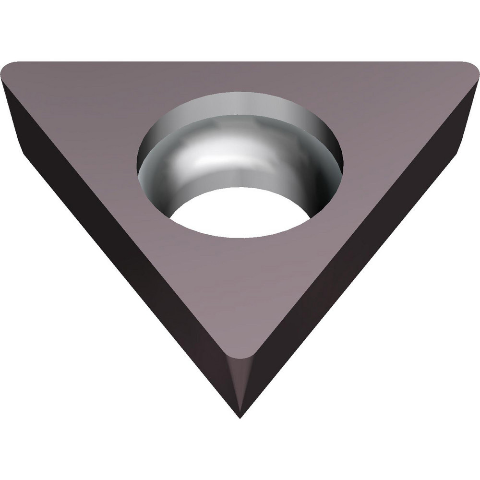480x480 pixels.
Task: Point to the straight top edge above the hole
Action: point(240,62)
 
